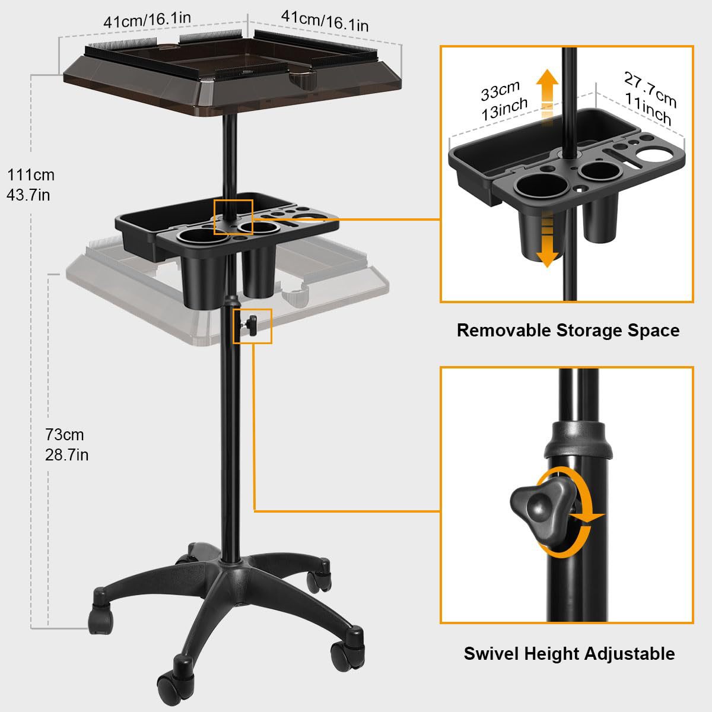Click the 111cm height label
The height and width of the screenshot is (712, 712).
click(31, 175)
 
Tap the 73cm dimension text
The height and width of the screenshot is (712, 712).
click(65, 435)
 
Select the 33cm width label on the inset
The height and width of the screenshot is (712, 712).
click(500, 91)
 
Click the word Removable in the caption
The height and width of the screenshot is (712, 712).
click(504, 330)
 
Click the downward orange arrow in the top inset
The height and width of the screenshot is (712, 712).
click(547, 240)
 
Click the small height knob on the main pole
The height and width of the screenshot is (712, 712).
click(250, 325)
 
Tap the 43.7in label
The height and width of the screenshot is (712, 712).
click(28, 195)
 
